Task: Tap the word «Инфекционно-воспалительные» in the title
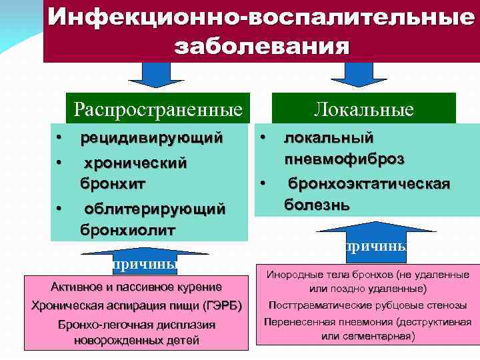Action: [x=261, y=17]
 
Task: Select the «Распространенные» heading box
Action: [x=158, y=108]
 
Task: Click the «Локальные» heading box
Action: [x=364, y=109]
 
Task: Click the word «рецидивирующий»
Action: [x=151, y=139]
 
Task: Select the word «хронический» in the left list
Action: [x=135, y=163]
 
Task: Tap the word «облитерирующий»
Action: [x=155, y=209]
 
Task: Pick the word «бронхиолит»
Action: [x=128, y=230]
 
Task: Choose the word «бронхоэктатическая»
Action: [x=369, y=183]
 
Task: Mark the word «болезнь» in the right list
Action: [x=317, y=203]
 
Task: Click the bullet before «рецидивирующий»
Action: [x=59, y=139]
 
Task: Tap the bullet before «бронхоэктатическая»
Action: [x=263, y=181]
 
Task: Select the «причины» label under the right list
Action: [x=375, y=246]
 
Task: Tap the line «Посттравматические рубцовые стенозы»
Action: [x=367, y=305]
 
